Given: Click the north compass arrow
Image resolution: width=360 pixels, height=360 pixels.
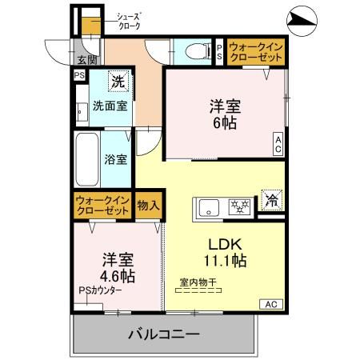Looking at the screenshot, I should (x=302, y=17).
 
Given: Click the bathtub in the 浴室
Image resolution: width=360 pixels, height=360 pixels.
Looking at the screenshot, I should (x=86, y=158).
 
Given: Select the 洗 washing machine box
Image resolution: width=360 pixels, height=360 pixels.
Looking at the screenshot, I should (x=118, y=82).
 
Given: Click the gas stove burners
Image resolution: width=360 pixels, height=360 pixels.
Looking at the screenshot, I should (x=239, y=205).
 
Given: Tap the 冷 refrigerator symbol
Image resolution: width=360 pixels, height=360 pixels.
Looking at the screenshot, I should (x=272, y=200).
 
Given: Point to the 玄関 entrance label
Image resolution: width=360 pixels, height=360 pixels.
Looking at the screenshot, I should (x=86, y=59).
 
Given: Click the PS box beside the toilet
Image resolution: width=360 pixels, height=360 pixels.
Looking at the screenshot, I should (x=220, y=51).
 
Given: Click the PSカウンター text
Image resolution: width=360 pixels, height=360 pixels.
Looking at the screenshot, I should (x=100, y=290).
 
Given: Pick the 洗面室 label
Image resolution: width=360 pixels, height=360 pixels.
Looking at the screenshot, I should (x=109, y=106).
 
